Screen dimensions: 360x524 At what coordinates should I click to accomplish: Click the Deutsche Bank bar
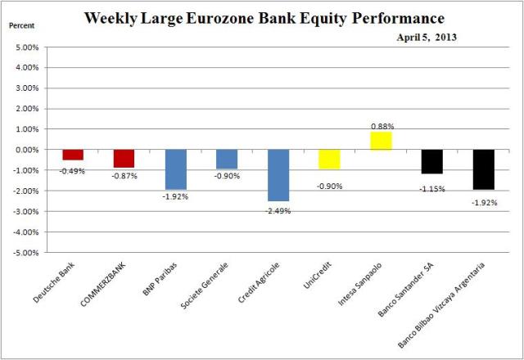click(x=73, y=155)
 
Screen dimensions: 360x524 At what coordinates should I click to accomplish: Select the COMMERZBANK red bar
click(x=124, y=159)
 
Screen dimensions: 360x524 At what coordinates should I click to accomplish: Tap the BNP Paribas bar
click(x=175, y=169)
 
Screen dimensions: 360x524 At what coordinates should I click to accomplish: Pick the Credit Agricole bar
click(x=278, y=175)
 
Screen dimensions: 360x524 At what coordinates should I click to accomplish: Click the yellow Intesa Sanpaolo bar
click(x=381, y=141)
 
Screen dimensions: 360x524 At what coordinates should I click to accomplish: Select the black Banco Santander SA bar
click(x=432, y=161)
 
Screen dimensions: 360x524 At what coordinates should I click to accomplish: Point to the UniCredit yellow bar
click(x=329, y=159)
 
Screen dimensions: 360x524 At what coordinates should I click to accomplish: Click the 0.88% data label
click(x=382, y=125)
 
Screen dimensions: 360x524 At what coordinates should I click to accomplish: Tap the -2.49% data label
click(x=278, y=210)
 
